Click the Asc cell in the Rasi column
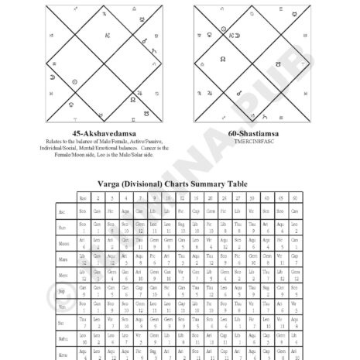(83, 211)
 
